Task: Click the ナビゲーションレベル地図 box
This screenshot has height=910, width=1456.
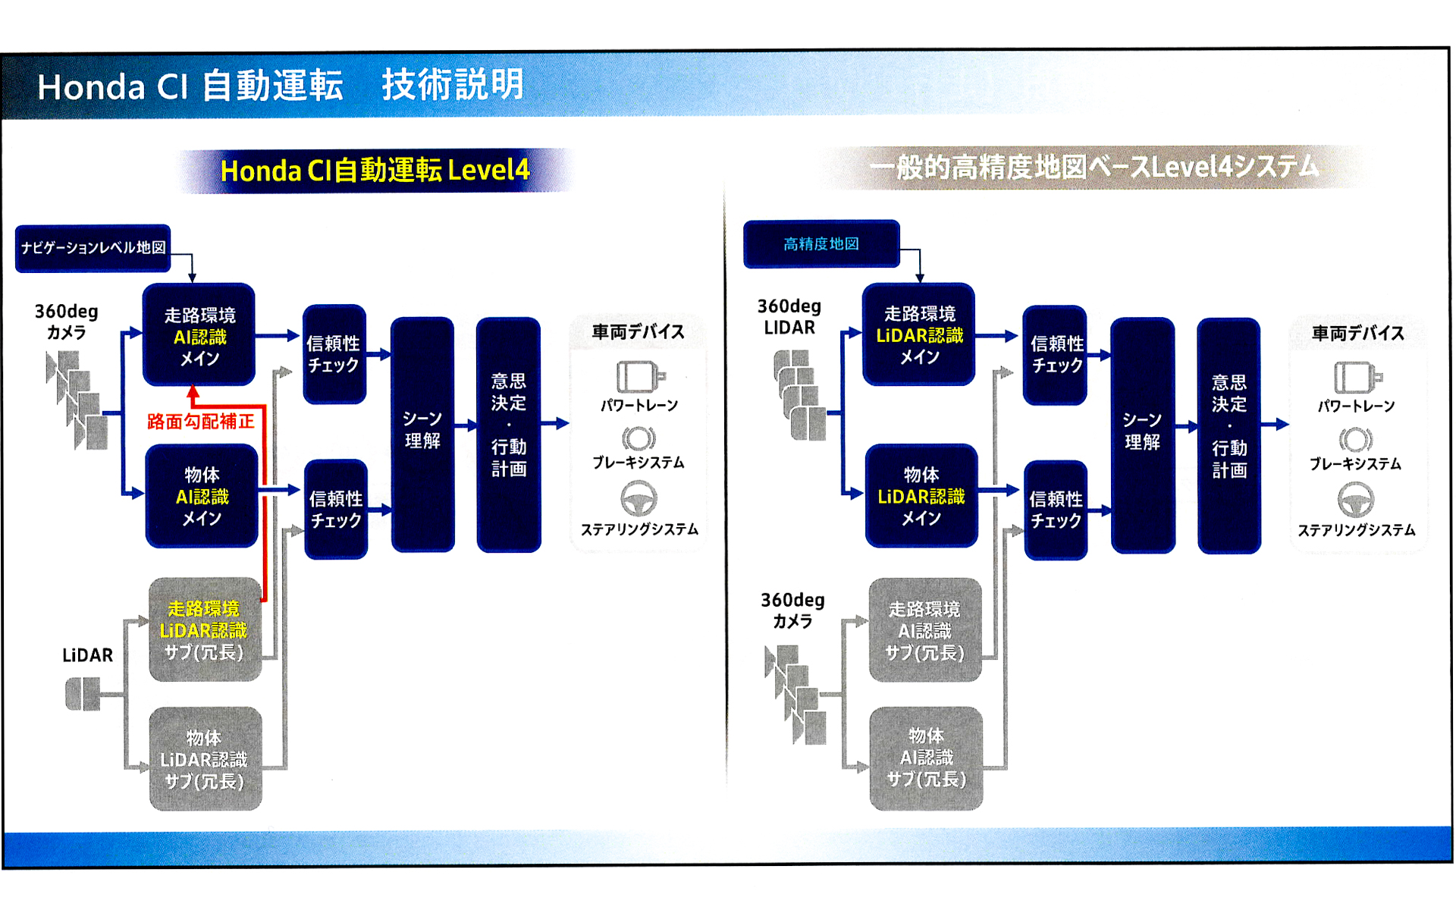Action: click(x=93, y=248)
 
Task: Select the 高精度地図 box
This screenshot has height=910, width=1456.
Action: click(x=821, y=244)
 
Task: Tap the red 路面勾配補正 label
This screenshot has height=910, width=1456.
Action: click(x=200, y=422)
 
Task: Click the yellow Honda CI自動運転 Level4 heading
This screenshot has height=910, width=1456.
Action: click(x=375, y=171)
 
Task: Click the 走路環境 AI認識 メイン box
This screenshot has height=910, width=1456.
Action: click(x=199, y=335)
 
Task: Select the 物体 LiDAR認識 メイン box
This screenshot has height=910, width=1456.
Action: click(x=921, y=496)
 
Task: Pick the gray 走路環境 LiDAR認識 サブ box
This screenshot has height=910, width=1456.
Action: click(x=205, y=630)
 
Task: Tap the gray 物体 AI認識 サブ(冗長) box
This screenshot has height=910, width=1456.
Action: click(x=926, y=758)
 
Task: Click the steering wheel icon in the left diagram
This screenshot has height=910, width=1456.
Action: click(x=639, y=499)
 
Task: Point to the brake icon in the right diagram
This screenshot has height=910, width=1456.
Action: click(x=1355, y=440)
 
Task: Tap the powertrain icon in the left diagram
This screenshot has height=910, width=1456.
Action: click(x=639, y=376)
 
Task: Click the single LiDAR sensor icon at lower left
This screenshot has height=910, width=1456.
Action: click(x=83, y=694)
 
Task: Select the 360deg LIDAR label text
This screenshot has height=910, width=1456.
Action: click(x=789, y=317)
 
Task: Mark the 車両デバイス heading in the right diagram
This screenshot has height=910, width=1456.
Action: click(x=1357, y=334)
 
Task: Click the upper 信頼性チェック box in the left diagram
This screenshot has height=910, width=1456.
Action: click(x=334, y=354)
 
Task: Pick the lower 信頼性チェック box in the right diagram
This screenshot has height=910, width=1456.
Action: click(x=1056, y=510)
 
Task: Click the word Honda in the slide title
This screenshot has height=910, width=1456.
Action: click(x=91, y=87)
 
